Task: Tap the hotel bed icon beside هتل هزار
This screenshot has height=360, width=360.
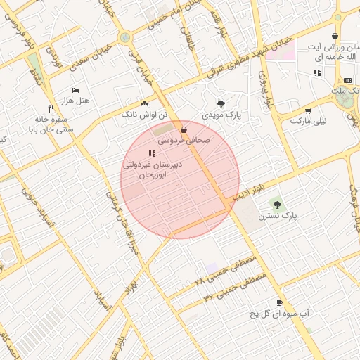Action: [x=76, y=90]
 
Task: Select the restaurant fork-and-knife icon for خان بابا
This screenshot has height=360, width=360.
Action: [x=51, y=108]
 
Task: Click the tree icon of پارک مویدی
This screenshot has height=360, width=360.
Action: [x=221, y=103]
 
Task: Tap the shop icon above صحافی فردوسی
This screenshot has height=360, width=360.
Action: [x=184, y=129]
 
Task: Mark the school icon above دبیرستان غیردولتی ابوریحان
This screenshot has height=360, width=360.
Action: [x=152, y=153]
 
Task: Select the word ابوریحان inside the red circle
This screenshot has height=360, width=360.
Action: [x=152, y=174]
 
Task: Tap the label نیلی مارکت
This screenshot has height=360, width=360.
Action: [x=309, y=121]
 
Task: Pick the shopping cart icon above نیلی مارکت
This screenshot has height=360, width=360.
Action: [x=308, y=110]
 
